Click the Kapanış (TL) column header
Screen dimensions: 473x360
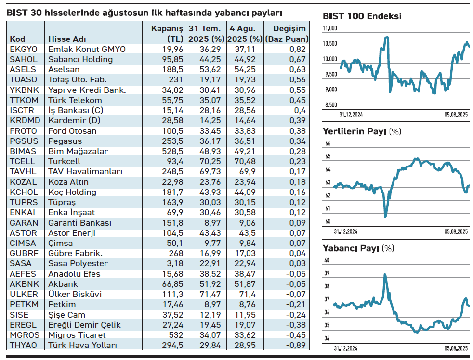tap(167, 34)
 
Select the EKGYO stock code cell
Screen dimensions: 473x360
tap(24, 49)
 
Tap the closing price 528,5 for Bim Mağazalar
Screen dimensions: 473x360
tap(172, 151)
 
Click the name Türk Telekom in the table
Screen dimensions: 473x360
tap(75, 100)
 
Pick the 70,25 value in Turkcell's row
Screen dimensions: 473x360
tap(210, 161)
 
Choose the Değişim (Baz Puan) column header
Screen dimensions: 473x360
tap(287, 34)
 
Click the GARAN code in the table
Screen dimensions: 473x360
tap(24, 223)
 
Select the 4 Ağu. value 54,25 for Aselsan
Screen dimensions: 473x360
tap(245, 69)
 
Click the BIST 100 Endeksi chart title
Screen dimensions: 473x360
tap(362, 16)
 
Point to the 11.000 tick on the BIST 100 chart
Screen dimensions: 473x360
tap(330, 28)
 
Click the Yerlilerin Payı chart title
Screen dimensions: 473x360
tap(354, 131)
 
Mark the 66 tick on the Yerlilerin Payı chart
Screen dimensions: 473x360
tap(328, 143)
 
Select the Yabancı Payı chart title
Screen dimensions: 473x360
tap(351, 248)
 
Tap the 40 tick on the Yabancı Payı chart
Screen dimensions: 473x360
tap(327, 260)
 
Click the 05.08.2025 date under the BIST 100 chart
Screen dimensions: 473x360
tap(456, 115)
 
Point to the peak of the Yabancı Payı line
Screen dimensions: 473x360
tap(385, 274)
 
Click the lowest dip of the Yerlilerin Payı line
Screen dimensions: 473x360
tap(385, 216)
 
